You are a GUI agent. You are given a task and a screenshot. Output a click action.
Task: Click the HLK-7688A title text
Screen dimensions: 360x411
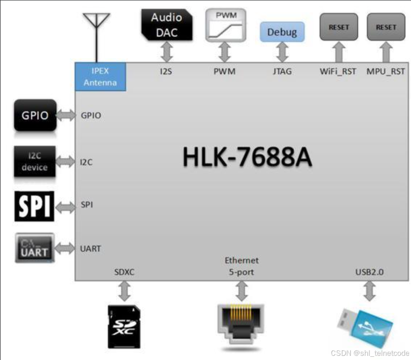tap(247, 157)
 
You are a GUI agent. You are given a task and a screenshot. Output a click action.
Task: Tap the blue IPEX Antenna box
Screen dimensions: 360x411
tap(101, 77)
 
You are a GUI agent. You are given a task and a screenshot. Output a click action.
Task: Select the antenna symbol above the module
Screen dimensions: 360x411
tap(96, 28)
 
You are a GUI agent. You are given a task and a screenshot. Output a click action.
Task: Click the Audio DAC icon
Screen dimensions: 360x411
tap(166, 24)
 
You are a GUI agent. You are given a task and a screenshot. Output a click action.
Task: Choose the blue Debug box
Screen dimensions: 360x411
tap(282, 32)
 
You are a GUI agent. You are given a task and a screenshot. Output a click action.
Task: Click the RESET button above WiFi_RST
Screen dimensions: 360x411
tap(339, 27)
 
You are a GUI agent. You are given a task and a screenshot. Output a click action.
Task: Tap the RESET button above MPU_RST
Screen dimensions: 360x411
tap(386, 27)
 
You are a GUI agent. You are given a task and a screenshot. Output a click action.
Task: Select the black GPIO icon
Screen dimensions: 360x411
tap(35, 115)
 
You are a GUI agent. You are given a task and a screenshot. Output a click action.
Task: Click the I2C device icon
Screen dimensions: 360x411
tap(35, 162)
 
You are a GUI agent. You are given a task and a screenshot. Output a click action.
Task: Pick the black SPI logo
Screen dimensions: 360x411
tap(35, 205)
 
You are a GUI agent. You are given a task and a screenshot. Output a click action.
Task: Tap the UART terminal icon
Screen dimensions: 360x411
tap(35, 248)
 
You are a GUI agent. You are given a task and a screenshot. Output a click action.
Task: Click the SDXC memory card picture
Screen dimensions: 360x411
tap(124, 326)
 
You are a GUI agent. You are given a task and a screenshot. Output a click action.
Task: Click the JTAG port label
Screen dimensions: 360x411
tap(282, 71)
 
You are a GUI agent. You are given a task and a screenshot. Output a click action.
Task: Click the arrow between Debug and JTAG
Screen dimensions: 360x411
tap(282, 52)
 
